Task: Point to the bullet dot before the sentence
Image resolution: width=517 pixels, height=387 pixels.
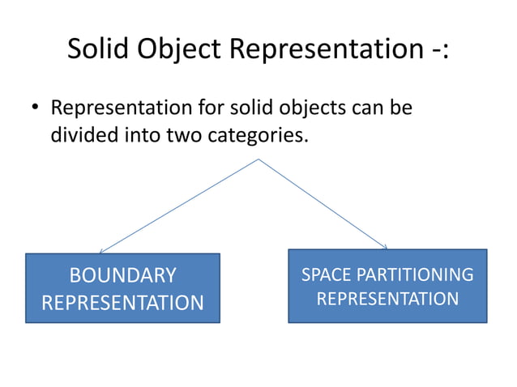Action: [x=35, y=108]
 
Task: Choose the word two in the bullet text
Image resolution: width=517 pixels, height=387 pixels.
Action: [x=184, y=134]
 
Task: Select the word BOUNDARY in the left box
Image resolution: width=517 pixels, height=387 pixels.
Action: [x=122, y=275]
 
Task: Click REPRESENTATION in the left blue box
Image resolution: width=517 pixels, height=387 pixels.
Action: [x=122, y=303]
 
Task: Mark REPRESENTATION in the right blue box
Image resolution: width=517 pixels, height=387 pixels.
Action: [x=387, y=300]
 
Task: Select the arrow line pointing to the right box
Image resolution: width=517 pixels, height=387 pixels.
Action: [x=323, y=203]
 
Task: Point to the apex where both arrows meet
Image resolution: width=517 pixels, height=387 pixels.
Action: [x=258, y=159]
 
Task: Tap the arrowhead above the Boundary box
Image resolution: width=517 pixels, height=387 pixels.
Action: [x=100, y=251]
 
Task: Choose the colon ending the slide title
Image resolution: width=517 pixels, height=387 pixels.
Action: [x=445, y=51]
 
